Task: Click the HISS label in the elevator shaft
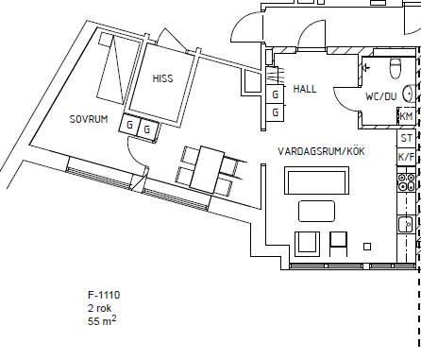(162, 78)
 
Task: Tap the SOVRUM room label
(89, 119)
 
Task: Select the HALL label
(305, 89)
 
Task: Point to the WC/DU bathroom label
(380, 96)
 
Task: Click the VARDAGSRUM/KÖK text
(321, 151)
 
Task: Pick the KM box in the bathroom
(406, 116)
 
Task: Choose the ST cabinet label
(406, 138)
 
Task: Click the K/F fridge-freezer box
(406, 157)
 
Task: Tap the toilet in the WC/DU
(395, 68)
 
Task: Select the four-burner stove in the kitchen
(406, 182)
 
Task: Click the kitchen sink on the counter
(405, 224)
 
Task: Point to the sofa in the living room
(316, 180)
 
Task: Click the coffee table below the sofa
(316, 211)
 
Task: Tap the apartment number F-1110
(104, 295)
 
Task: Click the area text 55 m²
(102, 320)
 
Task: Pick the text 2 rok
(99, 308)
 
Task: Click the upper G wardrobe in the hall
(276, 94)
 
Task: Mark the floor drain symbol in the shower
(365, 67)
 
